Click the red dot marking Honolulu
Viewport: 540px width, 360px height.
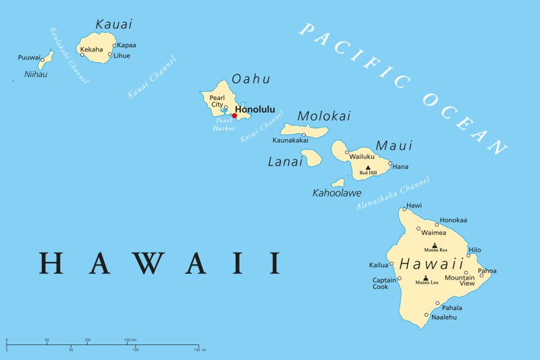click(234, 115)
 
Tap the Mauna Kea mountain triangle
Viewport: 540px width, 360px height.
click(435, 246)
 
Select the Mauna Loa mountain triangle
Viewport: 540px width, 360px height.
click(426, 278)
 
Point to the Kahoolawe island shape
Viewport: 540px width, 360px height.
click(338, 182)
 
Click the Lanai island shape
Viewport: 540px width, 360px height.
click(311, 159)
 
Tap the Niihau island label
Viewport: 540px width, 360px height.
click(36, 74)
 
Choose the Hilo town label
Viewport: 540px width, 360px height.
click(475, 249)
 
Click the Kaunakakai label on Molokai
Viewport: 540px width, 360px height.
click(290, 140)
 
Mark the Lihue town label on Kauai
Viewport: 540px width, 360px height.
click(122, 55)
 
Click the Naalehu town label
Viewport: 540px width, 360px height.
click(444, 317)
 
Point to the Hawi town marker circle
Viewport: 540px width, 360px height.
click(404, 209)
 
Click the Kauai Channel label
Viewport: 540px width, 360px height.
click(151, 77)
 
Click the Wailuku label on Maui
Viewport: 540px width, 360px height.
click(362, 156)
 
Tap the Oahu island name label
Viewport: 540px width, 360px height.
click(250, 79)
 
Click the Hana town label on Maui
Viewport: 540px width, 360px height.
click(401, 166)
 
